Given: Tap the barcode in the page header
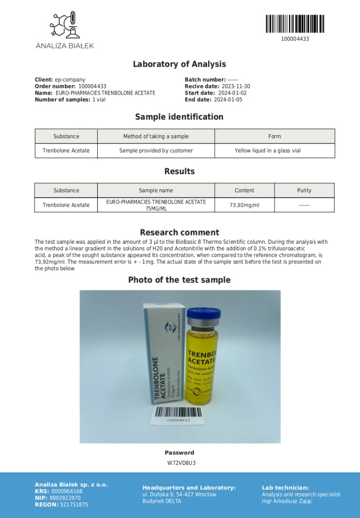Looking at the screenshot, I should [x=295, y=24].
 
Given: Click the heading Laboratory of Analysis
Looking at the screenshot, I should [x=179, y=64].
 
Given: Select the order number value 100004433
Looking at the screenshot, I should [x=92, y=86].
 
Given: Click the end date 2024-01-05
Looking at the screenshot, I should [x=228, y=100].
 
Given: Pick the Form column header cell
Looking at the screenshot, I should [x=274, y=136].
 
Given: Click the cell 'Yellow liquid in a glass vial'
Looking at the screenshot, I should [x=267, y=151].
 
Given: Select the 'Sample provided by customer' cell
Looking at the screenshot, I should [x=156, y=151].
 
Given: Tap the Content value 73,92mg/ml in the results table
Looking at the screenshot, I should [x=244, y=205].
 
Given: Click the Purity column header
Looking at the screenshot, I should [x=304, y=191].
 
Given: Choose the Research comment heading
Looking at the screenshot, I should [x=179, y=232].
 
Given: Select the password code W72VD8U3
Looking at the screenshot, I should [x=181, y=463].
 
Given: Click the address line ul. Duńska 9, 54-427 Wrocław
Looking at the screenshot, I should [x=179, y=495].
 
